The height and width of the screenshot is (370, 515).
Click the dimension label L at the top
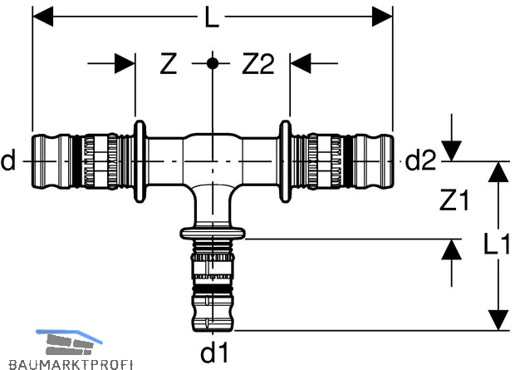click(x=211, y=17)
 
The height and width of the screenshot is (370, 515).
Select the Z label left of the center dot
click(x=168, y=64)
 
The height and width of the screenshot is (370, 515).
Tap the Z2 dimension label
click(x=257, y=64)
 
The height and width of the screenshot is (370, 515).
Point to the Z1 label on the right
click(x=454, y=200)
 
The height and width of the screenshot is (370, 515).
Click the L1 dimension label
click(x=497, y=244)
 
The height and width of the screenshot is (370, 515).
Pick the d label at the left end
click(x=8, y=160)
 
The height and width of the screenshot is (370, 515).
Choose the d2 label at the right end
click(x=420, y=160)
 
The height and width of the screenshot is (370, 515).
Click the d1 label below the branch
click(x=214, y=353)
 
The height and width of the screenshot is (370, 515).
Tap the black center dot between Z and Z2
click(x=213, y=63)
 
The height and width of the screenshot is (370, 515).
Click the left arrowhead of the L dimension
click(x=42, y=17)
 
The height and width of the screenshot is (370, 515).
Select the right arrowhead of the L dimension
click(x=382, y=17)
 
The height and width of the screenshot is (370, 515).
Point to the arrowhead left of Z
click(x=125, y=63)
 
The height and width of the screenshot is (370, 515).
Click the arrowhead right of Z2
click(x=301, y=63)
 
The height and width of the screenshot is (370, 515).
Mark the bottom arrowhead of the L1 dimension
click(x=498, y=320)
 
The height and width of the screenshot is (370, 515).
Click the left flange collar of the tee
click(x=140, y=161)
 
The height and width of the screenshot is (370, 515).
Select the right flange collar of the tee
click(x=285, y=161)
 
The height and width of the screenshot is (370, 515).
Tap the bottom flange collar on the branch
click(x=213, y=233)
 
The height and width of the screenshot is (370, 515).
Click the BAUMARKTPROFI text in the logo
click(x=71, y=364)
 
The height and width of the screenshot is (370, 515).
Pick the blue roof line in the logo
click(x=69, y=335)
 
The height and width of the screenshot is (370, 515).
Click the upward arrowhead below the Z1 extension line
click(x=452, y=249)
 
